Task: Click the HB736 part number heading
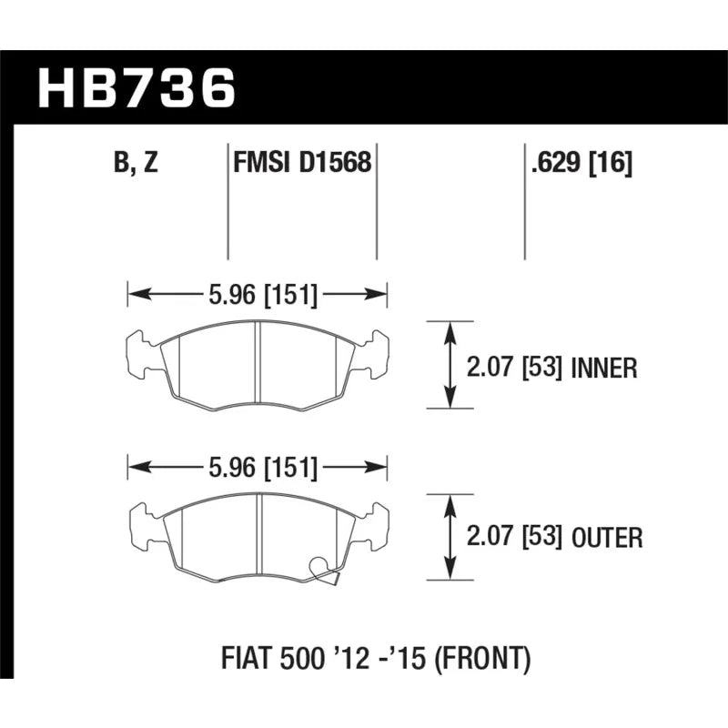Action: pyautogui.click(x=137, y=87)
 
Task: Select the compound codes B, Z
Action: pyautogui.click(x=136, y=163)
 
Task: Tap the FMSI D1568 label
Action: pyautogui.click(x=302, y=163)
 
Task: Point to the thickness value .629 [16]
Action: pyautogui.click(x=581, y=163)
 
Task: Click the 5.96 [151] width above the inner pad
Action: pyautogui.click(x=263, y=294)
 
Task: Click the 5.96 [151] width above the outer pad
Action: pyautogui.click(x=263, y=468)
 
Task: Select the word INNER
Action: pyautogui.click(x=604, y=369)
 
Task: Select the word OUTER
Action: pyautogui.click(x=607, y=538)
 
